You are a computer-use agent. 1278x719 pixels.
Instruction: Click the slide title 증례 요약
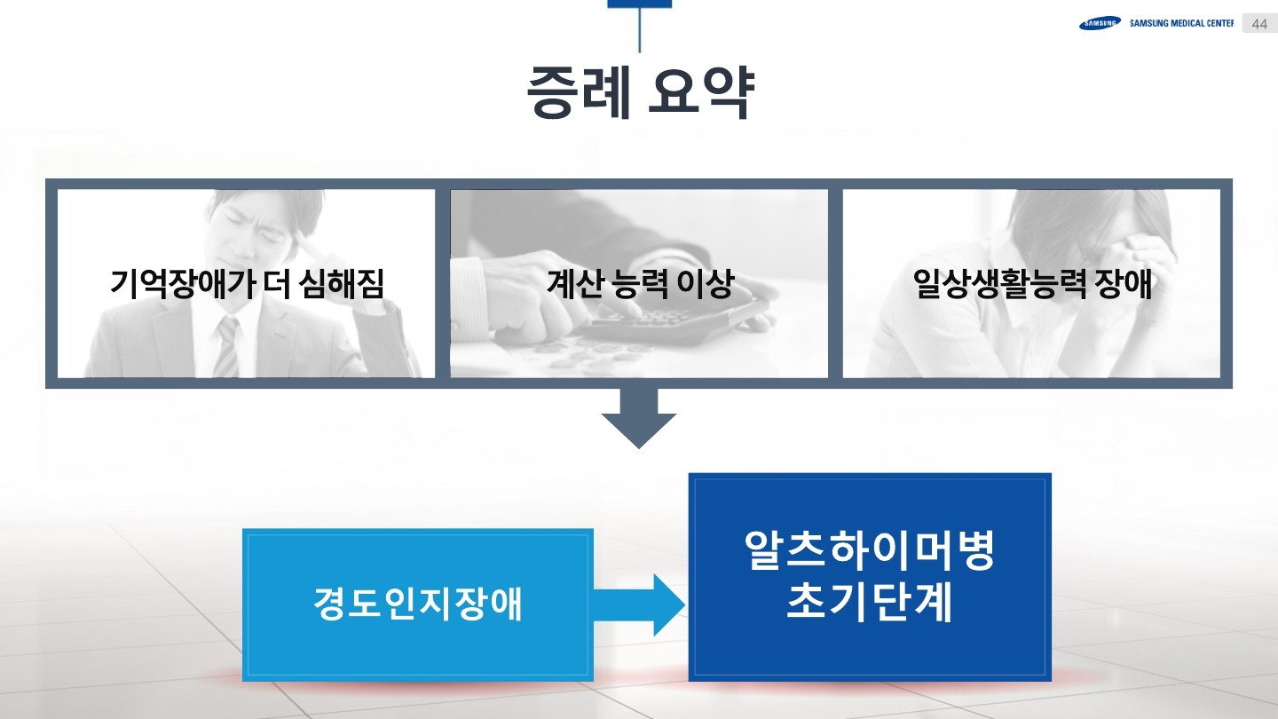click(x=639, y=92)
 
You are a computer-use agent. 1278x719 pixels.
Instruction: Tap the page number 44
click(x=1259, y=24)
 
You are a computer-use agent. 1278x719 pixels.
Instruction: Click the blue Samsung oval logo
click(x=1100, y=24)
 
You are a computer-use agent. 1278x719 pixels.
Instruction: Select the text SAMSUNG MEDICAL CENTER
click(x=1181, y=24)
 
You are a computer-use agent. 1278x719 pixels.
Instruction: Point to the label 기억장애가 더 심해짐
click(x=247, y=283)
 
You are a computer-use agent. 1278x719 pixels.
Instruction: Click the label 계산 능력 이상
click(x=639, y=283)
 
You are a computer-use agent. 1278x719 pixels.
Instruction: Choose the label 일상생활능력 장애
click(x=1032, y=283)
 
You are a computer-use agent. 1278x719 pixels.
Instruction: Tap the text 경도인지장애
click(x=418, y=604)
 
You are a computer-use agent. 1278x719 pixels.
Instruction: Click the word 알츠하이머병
click(x=870, y=551)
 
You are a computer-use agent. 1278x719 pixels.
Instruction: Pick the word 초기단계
click(x=870, y=603)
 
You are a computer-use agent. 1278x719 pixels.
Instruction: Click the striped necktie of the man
click(x=227, y=346)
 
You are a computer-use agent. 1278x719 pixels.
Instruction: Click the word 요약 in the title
click(x=701, y=92)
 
